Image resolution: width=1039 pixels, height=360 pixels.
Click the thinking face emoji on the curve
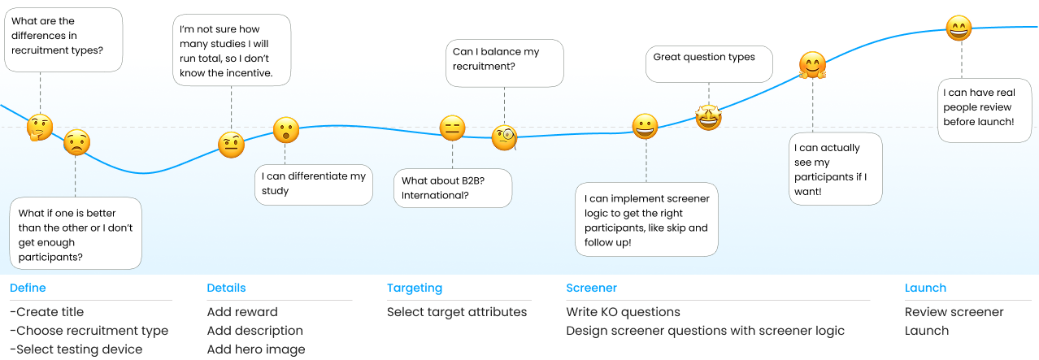(40, 128)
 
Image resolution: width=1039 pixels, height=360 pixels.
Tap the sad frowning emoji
(76, 143)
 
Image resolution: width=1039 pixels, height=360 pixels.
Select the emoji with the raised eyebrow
(231, 145)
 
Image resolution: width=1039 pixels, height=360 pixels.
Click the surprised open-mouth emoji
(285, 130)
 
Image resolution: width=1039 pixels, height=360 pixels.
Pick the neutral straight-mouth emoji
(452, 128)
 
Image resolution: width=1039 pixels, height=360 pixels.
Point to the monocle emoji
(505, 137)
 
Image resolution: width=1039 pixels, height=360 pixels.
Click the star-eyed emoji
(708, 118)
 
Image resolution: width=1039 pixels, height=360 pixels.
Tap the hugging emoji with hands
(812, 65)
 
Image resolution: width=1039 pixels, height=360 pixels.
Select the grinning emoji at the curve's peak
(959, 28)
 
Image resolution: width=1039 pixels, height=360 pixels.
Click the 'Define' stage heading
(28, 288)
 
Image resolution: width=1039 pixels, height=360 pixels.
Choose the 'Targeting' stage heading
(414, 288)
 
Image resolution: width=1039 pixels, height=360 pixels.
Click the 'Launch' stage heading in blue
(925, 288)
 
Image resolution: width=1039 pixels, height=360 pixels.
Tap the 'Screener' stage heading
(591, 288)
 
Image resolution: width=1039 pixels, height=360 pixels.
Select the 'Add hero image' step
(256, 349)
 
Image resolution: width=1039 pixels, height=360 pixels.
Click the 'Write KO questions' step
(623, 312)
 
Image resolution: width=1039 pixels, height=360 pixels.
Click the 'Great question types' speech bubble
(708, 63)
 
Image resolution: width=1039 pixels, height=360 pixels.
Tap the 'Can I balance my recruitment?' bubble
(504, 63)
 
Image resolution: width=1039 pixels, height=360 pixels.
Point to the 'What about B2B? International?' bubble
(452, 188)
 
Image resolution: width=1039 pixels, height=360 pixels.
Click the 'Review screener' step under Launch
(954, 312)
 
